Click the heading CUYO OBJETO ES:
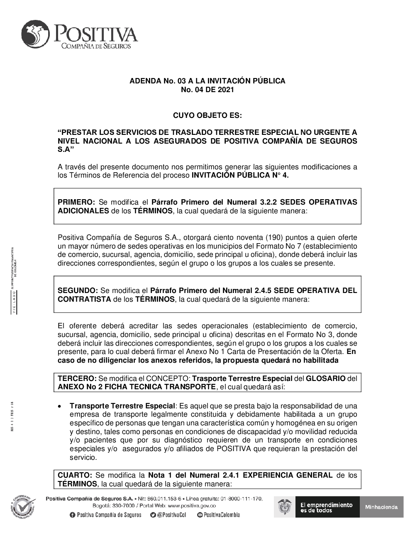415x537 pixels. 207,115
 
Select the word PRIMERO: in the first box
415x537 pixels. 76,202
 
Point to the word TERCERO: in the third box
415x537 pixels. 77,379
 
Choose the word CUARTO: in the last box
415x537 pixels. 75,475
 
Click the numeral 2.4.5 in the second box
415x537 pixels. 260,290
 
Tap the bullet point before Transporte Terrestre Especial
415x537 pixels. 61,406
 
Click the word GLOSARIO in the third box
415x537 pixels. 326,379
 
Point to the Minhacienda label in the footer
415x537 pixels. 381,507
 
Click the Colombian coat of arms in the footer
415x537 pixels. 285,507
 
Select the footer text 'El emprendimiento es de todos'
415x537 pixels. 326,507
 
